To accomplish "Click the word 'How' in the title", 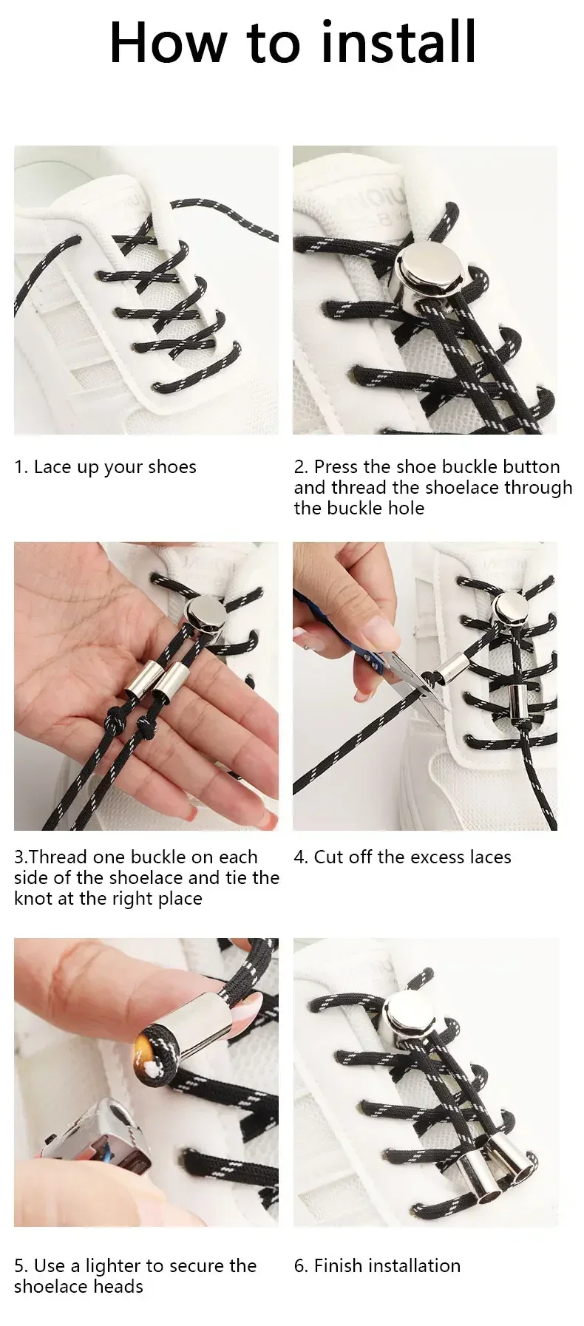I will point(167,43).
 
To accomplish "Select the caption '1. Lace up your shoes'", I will point(105,467).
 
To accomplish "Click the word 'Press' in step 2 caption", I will point(336,467).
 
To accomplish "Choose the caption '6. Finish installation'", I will point(377,1265).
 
